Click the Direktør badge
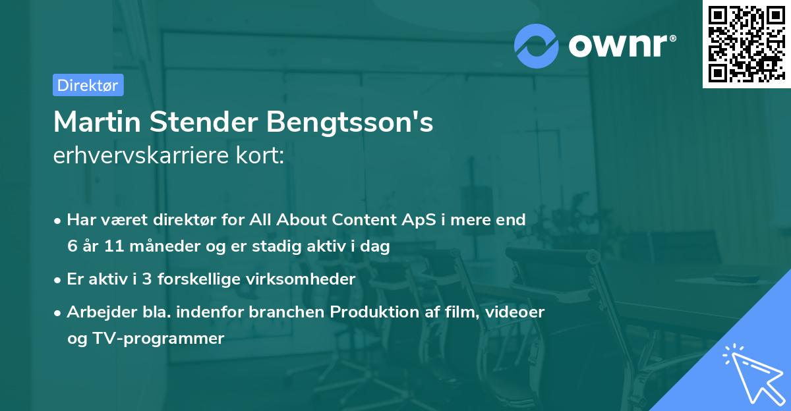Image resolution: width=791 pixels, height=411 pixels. tap(88, 85)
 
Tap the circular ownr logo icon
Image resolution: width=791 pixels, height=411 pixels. tap(537, 45)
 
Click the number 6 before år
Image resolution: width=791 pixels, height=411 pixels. tap(72, 247)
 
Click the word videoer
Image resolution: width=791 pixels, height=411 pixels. tap(514, 312)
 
